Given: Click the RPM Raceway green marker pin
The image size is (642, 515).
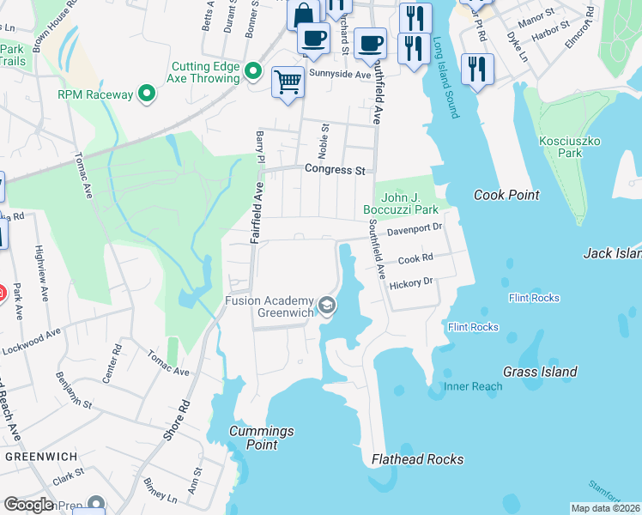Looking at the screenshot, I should click(146, 94).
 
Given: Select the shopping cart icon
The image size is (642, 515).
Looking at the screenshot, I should click(288, 82).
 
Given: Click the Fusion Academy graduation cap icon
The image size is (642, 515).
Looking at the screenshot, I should click(326, 305).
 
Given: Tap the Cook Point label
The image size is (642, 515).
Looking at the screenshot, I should click(506, 195).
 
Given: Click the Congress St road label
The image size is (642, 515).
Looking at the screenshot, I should click(336, 170).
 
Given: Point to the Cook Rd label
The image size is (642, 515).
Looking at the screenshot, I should click(415, 257).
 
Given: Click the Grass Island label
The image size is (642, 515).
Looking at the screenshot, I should click(541, 372).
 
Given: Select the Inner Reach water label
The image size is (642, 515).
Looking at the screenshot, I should click(473, 386).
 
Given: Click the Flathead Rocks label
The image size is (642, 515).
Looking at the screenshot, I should click(417, 459).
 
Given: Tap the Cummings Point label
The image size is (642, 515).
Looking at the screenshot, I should click(262, 438).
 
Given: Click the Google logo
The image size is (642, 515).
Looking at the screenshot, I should click(28, 505).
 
